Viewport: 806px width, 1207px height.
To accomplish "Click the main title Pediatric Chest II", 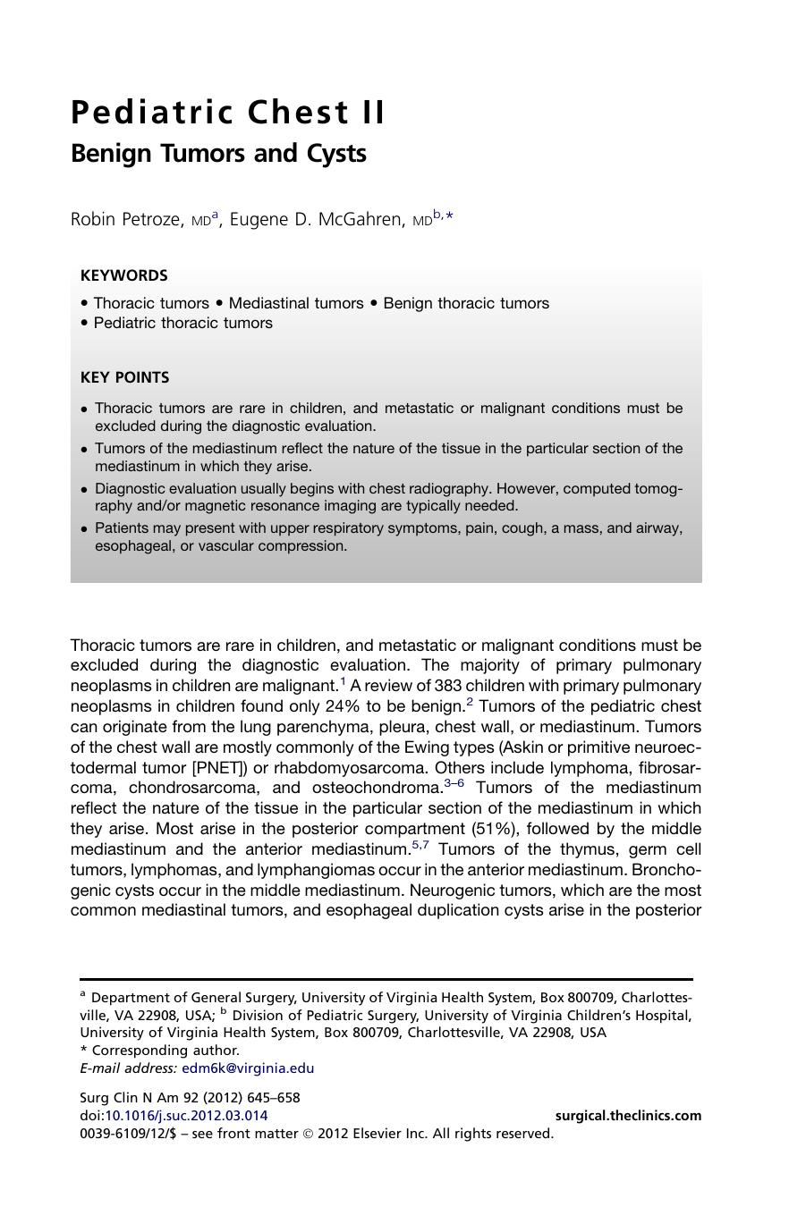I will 228,113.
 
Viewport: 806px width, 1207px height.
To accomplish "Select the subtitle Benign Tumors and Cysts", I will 218,154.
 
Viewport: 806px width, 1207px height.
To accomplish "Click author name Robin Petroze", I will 126,219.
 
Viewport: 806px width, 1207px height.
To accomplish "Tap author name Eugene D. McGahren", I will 317,219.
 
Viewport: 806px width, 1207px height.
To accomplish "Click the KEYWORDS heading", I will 123,275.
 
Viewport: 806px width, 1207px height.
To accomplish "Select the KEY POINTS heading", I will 124,377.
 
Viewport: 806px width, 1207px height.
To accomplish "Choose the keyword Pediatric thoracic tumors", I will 182,323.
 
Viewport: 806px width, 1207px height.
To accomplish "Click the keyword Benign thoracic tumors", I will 466,303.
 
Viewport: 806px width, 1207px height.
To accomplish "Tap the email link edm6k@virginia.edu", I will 248,1068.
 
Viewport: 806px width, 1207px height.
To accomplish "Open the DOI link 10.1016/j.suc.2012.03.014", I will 186,1115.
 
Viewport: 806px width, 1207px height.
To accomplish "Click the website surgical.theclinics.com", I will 628,1115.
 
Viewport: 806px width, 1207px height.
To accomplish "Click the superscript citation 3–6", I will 454,783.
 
